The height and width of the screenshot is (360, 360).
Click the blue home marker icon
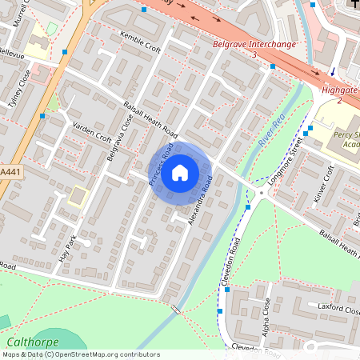pyautogui.click(x=180, y=173)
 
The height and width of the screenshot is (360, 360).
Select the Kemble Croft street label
pyautogui.click(x=139, y=42)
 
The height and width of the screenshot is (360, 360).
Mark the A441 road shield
pyautogui.click(x=10, y=171)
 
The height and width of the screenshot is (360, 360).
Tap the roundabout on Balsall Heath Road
pyautogui.click(x=262, y=193)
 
